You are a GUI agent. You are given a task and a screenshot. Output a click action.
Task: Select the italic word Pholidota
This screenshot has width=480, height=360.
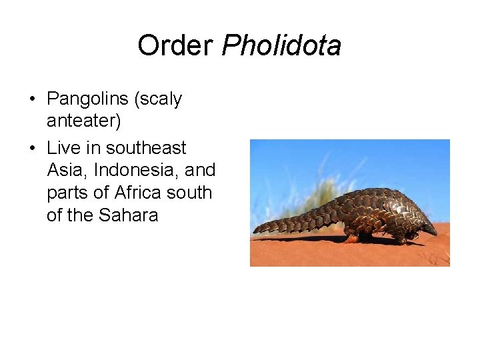click(281, 46)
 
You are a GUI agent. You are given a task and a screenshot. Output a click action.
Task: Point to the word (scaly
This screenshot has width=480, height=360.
click(158, 100)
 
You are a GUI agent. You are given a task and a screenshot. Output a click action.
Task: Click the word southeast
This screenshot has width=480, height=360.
click(146, 147)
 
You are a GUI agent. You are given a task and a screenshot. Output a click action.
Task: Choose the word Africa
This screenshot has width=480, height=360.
click(139, 193)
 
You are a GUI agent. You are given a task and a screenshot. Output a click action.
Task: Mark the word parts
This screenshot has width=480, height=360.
click(68, 193)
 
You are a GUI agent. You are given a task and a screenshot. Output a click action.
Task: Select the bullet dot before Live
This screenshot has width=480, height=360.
click(32, 149)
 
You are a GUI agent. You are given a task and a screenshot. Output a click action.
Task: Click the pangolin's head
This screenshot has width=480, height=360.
click(426, 227)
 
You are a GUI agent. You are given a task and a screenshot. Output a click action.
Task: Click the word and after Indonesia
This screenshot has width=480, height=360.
click(200, 170)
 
